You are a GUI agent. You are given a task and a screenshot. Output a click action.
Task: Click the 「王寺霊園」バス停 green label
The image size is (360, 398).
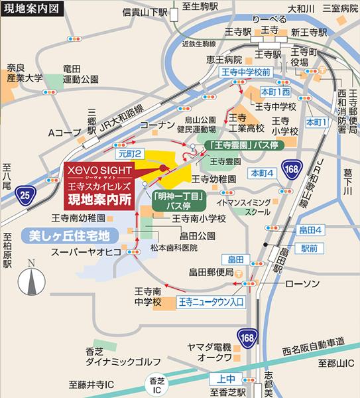click(x=243, y=144)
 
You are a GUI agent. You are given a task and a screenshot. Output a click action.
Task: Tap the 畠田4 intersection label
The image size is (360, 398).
click(x=310, y=230)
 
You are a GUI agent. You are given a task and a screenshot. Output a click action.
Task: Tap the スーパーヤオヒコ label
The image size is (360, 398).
click(x=86, y=250)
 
